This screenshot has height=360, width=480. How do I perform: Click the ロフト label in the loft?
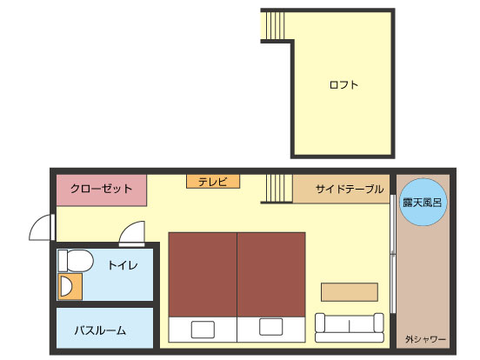pos(343,84)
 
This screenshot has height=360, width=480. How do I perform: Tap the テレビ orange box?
pos(213,182)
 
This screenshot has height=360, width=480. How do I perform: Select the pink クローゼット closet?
pos(102,190)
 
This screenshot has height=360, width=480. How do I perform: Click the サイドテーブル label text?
pos(350,189)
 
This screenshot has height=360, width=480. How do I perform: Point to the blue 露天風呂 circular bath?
pos(423,203)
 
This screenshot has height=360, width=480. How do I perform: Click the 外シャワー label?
pos(425,339)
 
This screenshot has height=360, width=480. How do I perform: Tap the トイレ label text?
pos(123,265)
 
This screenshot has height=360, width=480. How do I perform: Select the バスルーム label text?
pos(100,330)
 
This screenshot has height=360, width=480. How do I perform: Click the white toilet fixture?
pos(76,261)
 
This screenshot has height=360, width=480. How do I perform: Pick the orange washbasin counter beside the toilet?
pos(70,287)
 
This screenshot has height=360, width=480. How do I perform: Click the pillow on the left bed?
pos(203,330)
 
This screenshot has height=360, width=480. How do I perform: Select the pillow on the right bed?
pos(271,327)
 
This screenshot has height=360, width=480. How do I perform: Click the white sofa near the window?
pos(350,327)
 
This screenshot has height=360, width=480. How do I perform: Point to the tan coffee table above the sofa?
pos(350,292)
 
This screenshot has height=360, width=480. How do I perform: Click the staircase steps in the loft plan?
pos(275,26)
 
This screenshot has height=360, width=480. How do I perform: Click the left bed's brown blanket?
pos(203,275)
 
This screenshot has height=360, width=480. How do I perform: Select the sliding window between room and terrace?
pos(393,254)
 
